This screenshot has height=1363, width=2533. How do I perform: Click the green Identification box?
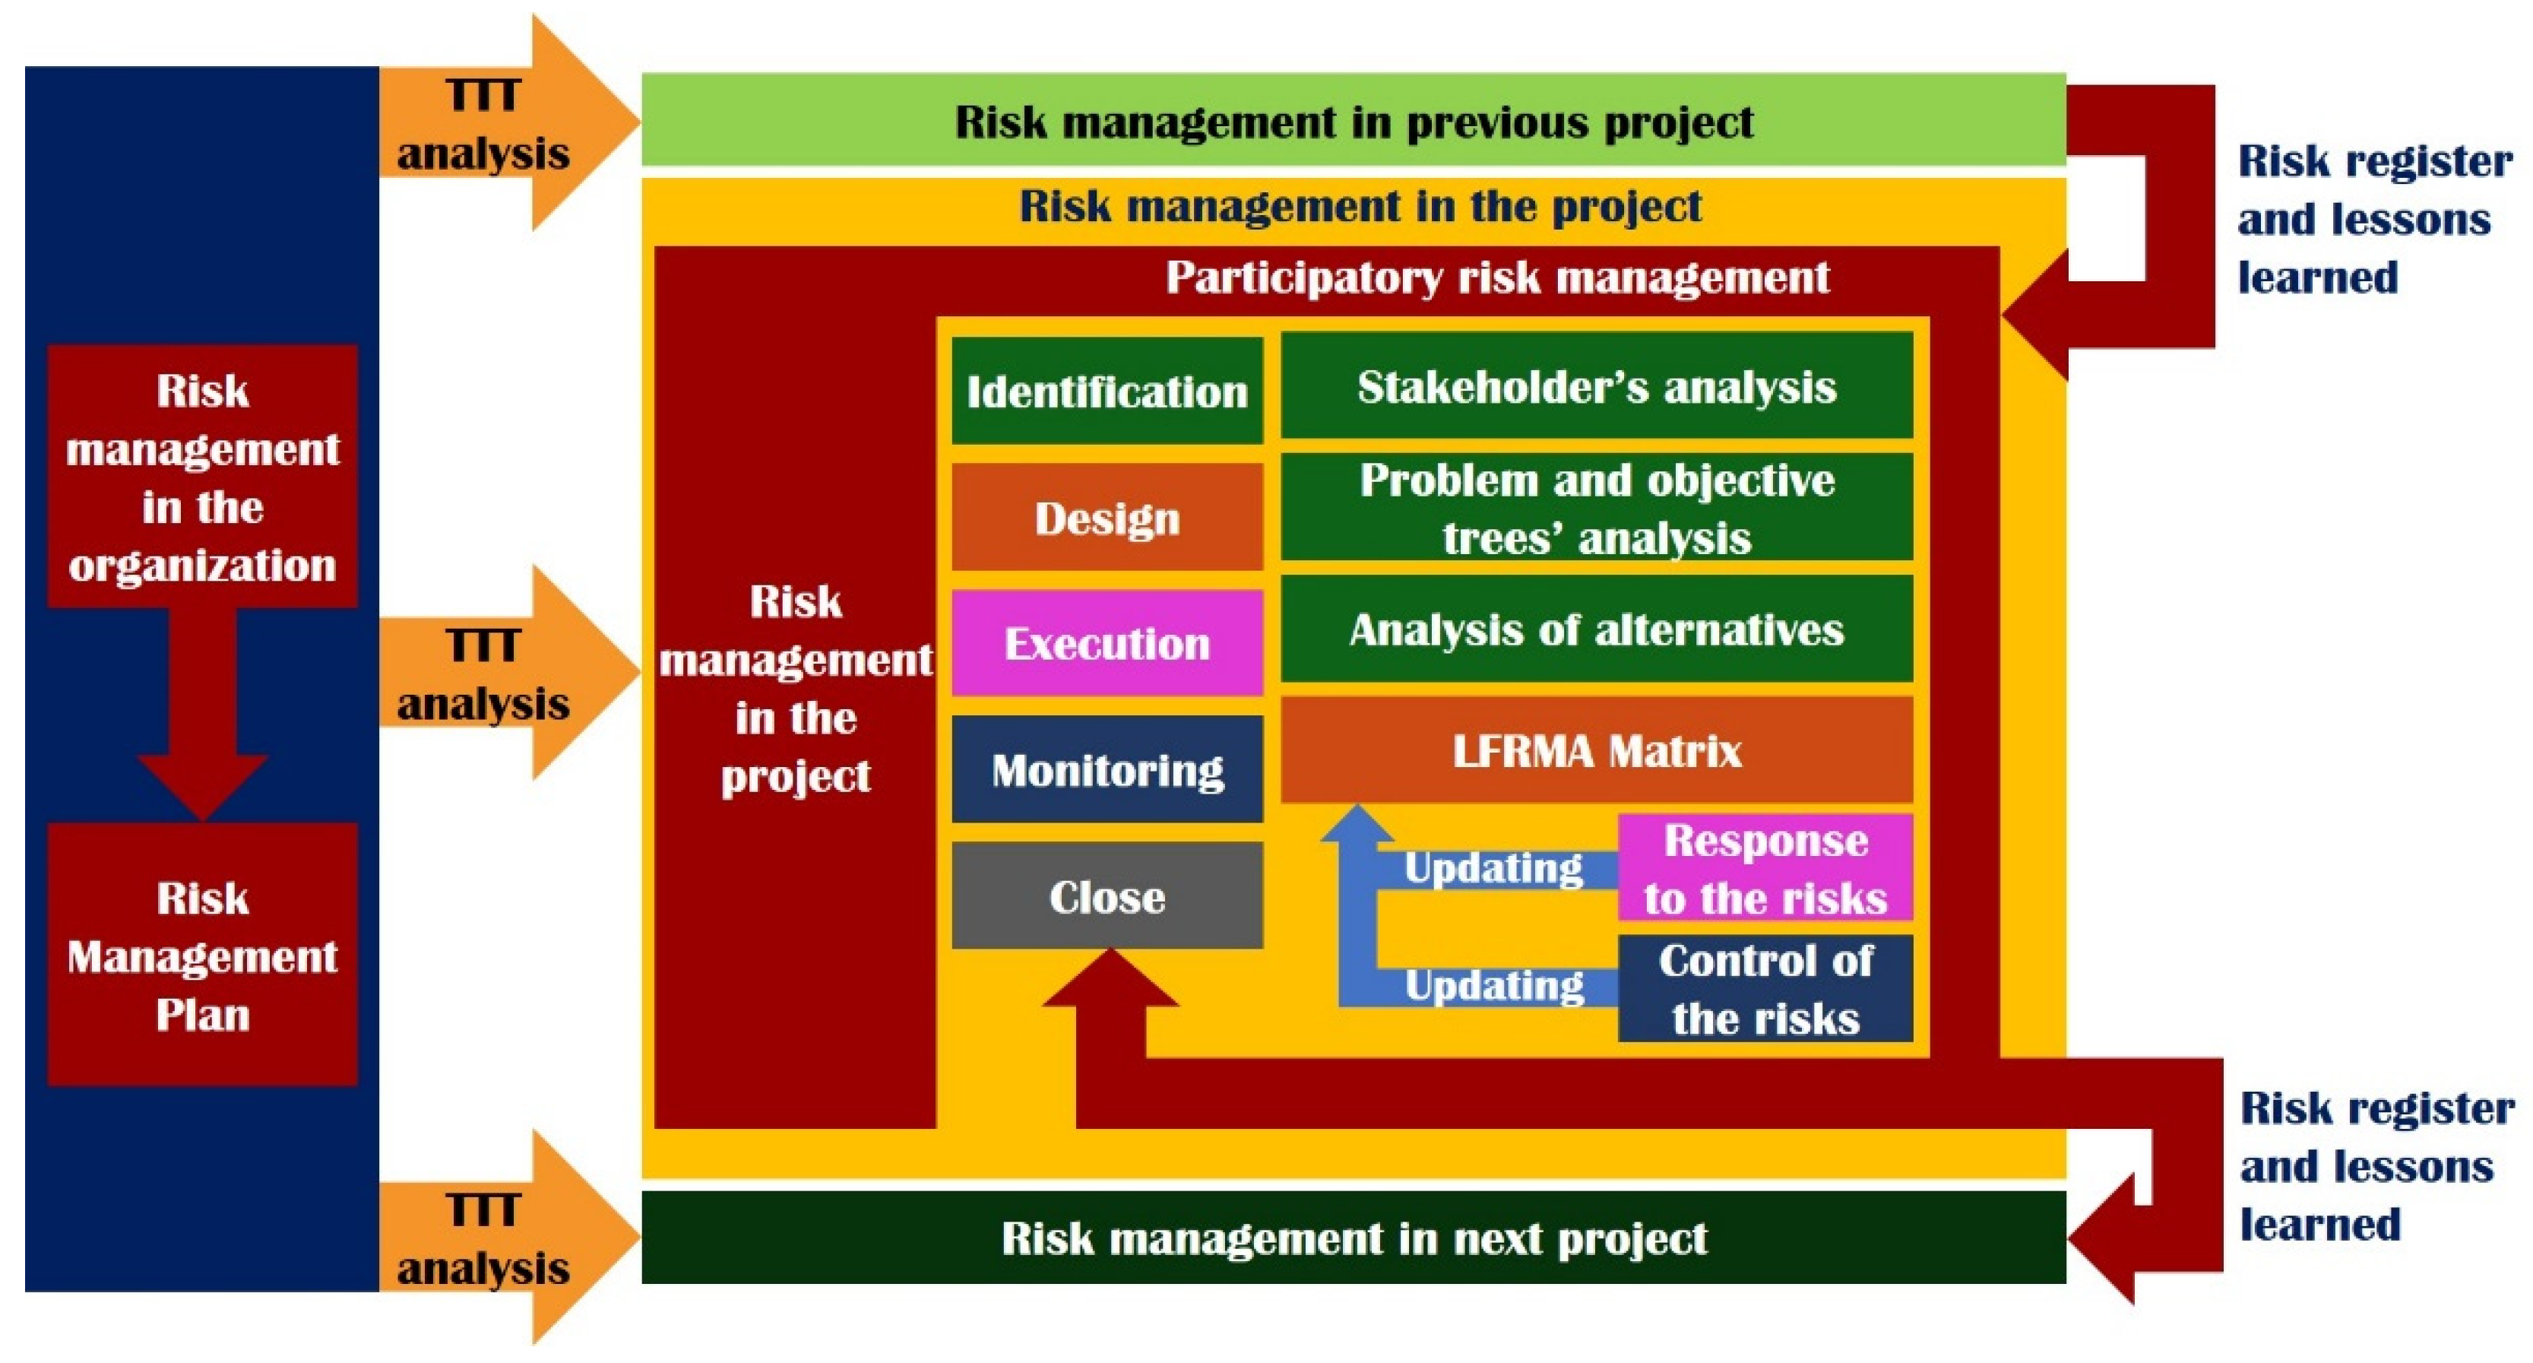coord(1107,391)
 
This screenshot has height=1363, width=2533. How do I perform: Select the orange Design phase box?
coord(1107,517)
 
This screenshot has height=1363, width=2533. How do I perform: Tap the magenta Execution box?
coord(1107,643)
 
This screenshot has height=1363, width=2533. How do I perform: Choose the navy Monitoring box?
coord(1107,769)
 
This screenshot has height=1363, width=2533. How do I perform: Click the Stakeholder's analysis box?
coord(1597,385)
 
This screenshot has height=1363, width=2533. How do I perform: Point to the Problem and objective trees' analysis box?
coord(1597,508)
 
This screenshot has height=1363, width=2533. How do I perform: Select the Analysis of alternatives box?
coord(1597,629)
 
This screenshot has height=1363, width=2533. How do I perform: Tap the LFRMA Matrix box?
coord(1597,750)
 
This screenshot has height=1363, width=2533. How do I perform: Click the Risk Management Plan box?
coord(203,955)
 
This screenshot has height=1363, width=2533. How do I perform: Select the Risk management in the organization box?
coord(203,476)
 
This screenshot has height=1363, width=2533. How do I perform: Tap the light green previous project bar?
coord(1354,119)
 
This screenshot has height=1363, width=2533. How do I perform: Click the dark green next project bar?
coord(1354,1237)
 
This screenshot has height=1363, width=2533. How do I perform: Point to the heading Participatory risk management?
coord(1498,277)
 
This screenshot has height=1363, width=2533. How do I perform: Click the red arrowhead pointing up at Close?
coord(1110,978)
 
